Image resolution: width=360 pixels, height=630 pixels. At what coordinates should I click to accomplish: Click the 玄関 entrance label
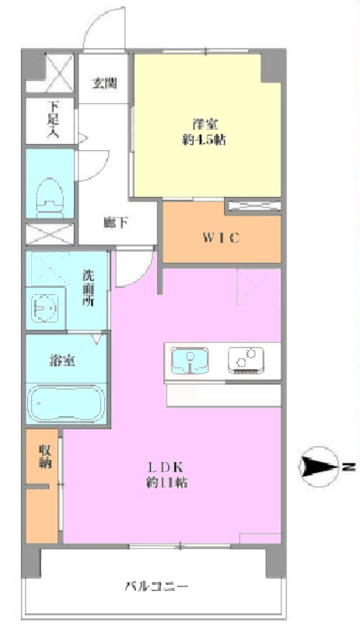(105, 83)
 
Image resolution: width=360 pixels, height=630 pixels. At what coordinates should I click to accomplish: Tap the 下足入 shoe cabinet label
(53, 120)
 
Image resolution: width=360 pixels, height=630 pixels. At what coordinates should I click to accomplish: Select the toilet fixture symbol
(50, 198)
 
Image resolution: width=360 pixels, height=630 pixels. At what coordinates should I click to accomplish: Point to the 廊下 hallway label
(116, 222)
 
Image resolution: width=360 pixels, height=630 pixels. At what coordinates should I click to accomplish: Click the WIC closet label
(221, 238)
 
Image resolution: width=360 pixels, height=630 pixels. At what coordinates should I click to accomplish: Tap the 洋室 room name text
(203, 124)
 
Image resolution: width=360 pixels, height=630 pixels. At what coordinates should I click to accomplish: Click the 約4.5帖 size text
(204, 140)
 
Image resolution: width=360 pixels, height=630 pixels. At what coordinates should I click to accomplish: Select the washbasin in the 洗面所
(44, 309)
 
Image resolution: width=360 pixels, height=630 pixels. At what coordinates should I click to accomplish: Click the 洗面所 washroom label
(89, 289)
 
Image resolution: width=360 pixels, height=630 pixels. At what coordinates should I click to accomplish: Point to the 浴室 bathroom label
(62, 361)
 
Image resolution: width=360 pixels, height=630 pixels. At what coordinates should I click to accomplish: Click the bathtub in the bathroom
(66, 404)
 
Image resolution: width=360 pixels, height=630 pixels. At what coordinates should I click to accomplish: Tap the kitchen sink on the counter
(190, 360)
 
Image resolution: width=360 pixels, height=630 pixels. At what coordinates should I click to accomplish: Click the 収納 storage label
(44, 457)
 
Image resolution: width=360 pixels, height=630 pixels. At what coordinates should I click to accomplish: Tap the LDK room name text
(166, 467)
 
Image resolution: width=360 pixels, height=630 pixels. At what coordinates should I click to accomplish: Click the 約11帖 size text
(166, 482)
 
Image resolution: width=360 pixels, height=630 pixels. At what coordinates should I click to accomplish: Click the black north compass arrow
(319, 467)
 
